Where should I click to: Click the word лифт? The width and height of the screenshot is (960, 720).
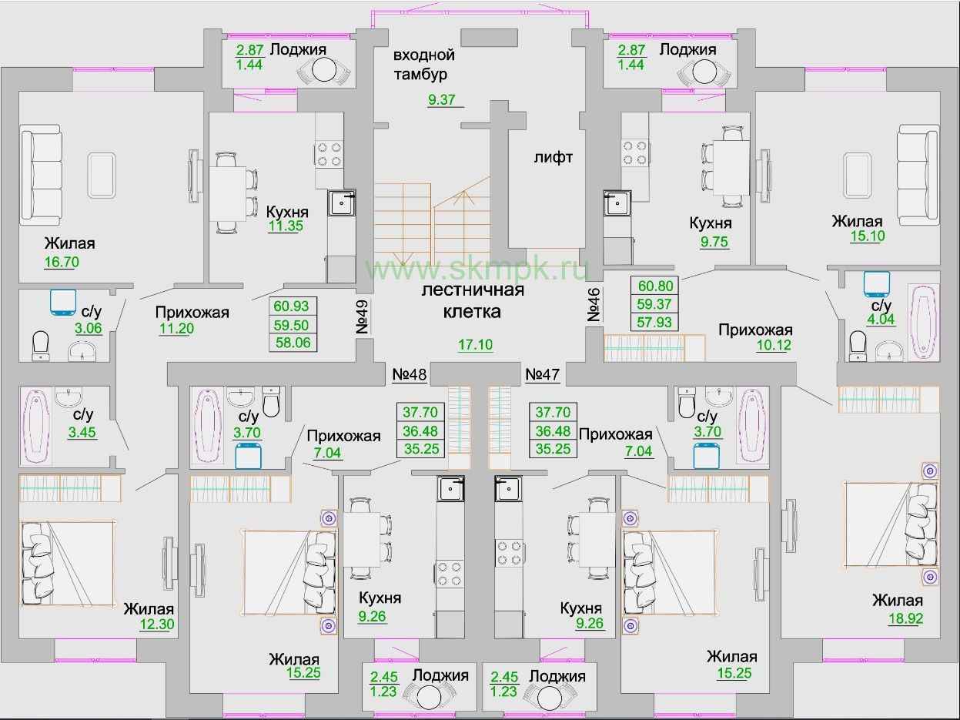[x=554, y=157]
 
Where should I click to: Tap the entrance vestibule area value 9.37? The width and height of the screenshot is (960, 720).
[x=442, y=100]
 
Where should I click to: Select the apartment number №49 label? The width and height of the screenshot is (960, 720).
[x=362, y=316]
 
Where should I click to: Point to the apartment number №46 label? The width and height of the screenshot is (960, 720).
[x=594, y=305]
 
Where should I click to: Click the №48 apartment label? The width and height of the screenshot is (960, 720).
[x=410, y=374]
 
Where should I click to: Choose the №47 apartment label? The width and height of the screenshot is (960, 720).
[x=542, y=374]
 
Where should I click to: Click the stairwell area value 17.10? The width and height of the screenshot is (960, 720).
[x=476, y=345]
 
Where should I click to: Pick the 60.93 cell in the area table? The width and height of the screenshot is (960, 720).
[x=291, y=306]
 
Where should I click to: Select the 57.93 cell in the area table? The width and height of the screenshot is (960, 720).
[x=654, y=323]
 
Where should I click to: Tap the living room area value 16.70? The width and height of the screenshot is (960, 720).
[x=62, y=262]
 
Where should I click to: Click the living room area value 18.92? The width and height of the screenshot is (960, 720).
[x=906, y=618]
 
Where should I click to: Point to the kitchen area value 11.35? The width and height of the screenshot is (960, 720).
[x=286, y=226]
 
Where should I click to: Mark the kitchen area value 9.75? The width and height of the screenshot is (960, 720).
[x=714, y=242]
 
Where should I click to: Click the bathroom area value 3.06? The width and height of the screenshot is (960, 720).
[x=89, y=328]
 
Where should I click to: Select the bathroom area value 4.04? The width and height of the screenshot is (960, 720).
[x=881, y=320]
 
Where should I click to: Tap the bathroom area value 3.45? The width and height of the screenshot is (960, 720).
[x=82, y=432]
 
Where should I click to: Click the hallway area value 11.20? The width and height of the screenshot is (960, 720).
[x=176, y=328]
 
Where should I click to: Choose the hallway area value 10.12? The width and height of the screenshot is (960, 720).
[x=774, y=345]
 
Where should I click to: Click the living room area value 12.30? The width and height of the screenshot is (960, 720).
[x=157, y=625]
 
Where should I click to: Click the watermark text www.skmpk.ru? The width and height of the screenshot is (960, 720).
[x=477, y=269]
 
